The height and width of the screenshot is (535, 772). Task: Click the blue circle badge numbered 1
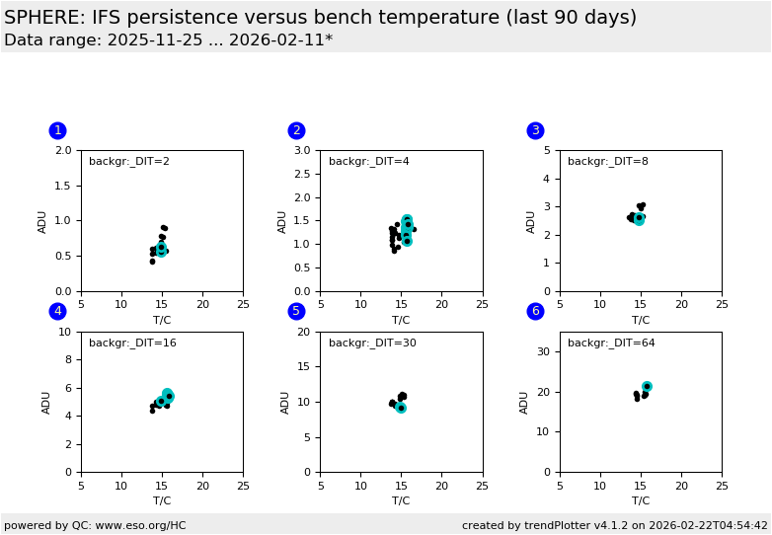tap(57, 130)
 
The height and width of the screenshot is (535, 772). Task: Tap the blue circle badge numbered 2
tap(296, 130)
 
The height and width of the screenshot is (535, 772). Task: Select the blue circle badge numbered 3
tap(536, 130)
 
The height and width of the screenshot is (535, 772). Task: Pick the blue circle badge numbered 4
tap(57, 311)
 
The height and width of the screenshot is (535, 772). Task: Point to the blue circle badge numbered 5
tap(296, 311)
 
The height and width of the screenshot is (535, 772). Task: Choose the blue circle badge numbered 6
tap(536, 311)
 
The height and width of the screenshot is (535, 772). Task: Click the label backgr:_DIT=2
tap(128, 162)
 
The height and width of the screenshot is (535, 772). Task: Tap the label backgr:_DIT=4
tap(368, 162)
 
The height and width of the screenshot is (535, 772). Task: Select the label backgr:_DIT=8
tap(607, 162)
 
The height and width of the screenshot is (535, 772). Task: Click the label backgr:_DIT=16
tap(132, 344)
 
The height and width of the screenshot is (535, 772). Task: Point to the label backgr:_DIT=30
tap(372, 344)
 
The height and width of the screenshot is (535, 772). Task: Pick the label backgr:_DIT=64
tap(611, 344)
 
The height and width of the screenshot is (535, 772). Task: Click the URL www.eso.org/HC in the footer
tap(136, 525)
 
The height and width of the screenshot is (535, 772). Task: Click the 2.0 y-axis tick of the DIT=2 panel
tap(64, 150)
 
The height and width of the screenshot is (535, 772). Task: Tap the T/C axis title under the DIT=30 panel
tap(401, 500)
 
